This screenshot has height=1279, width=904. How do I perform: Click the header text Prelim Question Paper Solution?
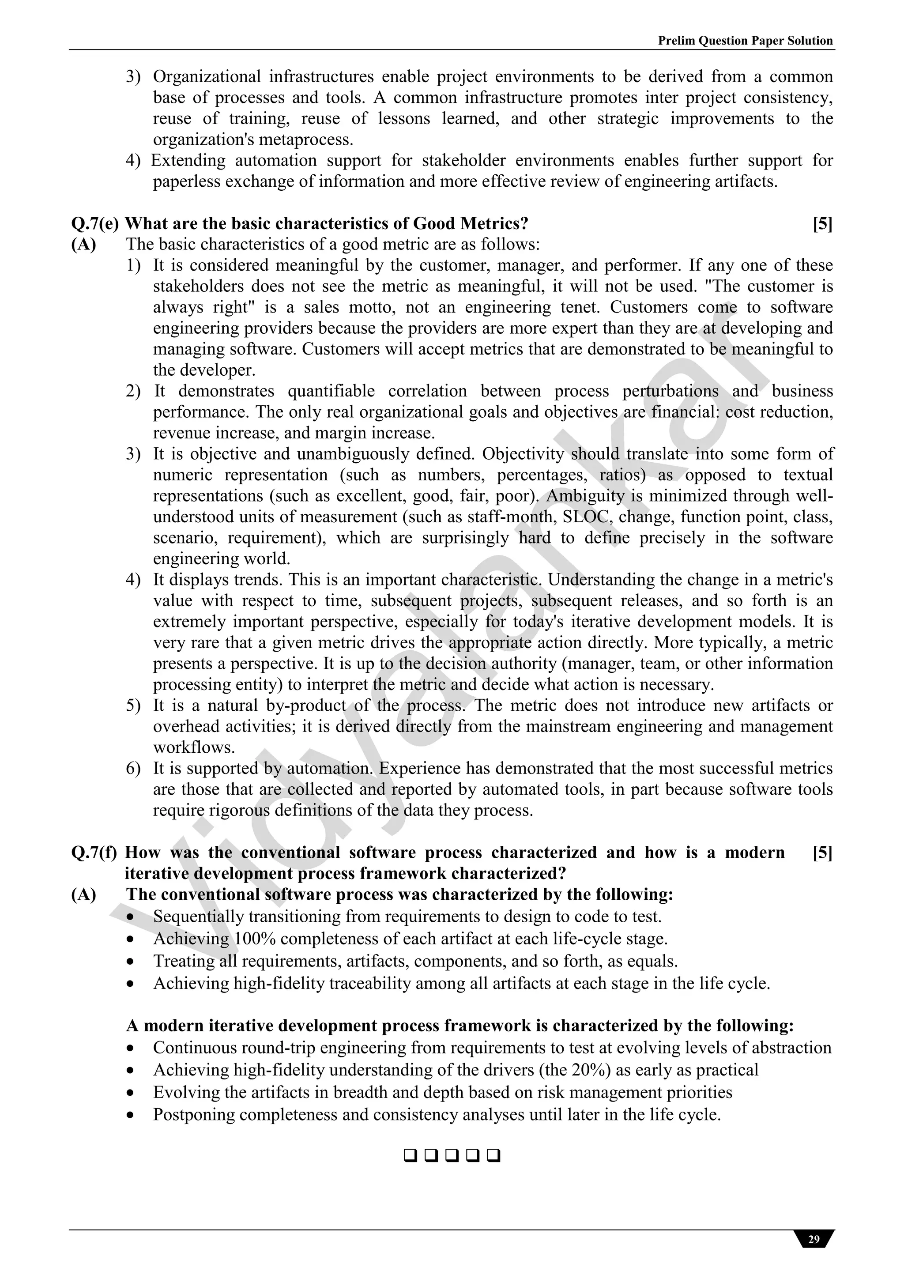point(745,41)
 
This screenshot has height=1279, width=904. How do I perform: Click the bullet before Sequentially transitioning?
point(130,917)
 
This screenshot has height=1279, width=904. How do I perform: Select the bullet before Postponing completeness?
point(130,1115)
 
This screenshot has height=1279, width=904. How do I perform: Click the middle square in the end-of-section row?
point(452,1156)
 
